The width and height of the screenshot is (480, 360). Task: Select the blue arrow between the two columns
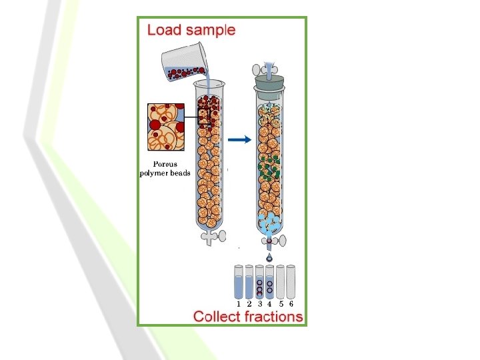238,139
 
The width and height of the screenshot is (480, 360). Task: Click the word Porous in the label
165,164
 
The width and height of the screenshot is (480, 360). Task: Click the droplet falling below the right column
269,258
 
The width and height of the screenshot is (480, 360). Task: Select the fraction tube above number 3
259,282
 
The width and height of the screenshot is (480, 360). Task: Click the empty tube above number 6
291,282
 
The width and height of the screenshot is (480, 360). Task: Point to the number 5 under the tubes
281,303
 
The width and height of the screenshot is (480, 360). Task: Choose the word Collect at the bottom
215,316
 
